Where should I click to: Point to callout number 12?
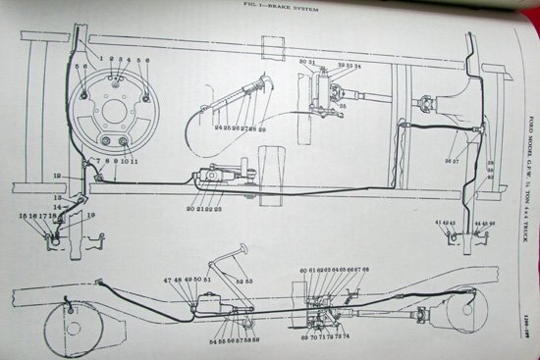(57, 174)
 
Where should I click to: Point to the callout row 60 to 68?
(334, 269)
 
